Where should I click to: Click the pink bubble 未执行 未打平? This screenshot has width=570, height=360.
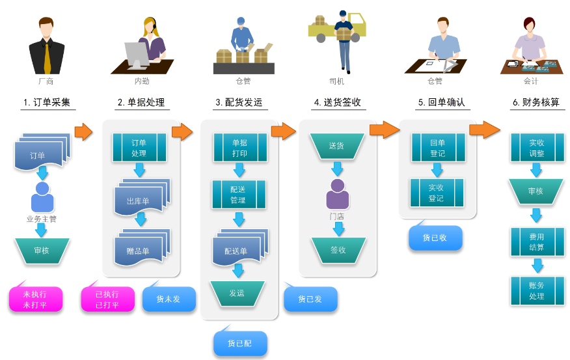(35, 299)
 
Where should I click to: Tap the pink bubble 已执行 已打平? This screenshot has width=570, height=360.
(107, 299)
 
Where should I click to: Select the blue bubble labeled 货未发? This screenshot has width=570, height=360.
(169, 299)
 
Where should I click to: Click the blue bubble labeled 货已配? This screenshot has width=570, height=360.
(239, 343)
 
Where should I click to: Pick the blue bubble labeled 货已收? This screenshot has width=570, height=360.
(435, 238)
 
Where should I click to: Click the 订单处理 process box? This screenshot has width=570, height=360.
(139, 148)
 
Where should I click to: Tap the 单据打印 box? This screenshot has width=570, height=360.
(239, 148)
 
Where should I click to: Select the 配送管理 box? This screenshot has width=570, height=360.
(239, 195)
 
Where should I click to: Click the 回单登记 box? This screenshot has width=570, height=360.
(437, 148)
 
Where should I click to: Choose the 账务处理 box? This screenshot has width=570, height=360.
(537, 291)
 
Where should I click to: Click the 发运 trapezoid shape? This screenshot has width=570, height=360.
(237, 293)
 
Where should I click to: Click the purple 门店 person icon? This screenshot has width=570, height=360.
(337, 194)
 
